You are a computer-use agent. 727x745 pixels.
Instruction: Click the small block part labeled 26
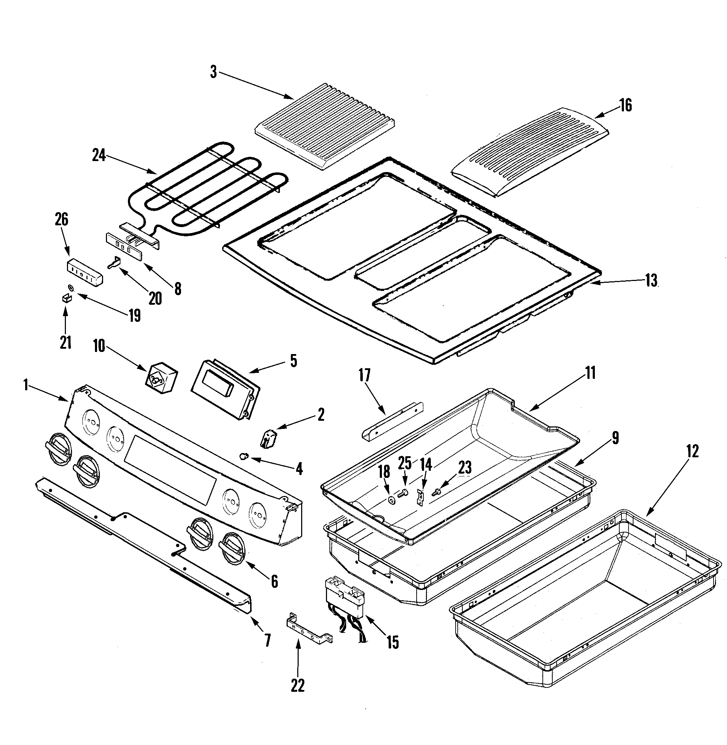tap(85, 272)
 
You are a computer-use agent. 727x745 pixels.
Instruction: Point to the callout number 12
tap(692, 451)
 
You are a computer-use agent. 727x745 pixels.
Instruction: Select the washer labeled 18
tap(392, 501)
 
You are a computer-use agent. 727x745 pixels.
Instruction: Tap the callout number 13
tap(652, 281)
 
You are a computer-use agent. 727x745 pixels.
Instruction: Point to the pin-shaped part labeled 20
tap(114, 263)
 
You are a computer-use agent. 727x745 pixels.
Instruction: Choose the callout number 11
tap(591, 373)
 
